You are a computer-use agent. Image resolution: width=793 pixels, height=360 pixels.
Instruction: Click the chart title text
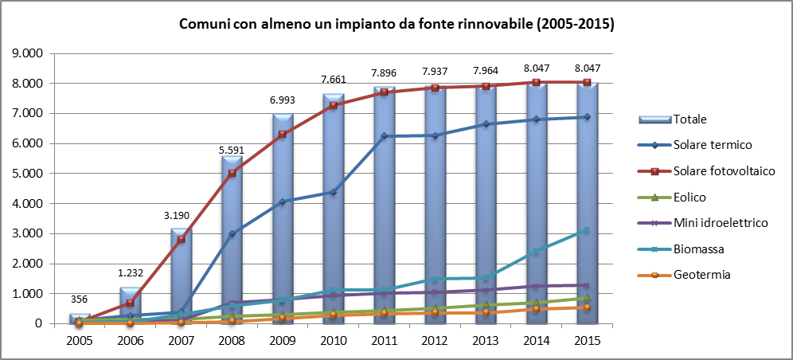coord(396,25)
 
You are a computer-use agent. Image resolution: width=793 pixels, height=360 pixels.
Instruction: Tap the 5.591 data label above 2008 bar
coord(232,150)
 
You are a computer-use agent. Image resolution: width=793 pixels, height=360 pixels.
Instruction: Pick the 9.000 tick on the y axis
coord(29,53)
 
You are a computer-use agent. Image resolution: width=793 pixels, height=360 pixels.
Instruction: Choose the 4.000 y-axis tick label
coord(29,203)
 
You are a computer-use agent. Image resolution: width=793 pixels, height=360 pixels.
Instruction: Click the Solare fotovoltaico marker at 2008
coord(232,173)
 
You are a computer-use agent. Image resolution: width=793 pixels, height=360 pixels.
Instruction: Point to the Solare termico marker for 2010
coord(334,192)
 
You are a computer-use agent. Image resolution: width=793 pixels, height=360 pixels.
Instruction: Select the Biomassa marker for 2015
coord(587,229)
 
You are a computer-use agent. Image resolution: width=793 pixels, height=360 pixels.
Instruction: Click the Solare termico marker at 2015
coord(587,117)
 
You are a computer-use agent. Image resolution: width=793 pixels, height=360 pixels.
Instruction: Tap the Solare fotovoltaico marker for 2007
coord(181,239)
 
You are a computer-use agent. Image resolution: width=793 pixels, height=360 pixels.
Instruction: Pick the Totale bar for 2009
coord(283,218)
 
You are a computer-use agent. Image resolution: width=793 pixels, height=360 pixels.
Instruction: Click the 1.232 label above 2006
coord(130,273)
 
